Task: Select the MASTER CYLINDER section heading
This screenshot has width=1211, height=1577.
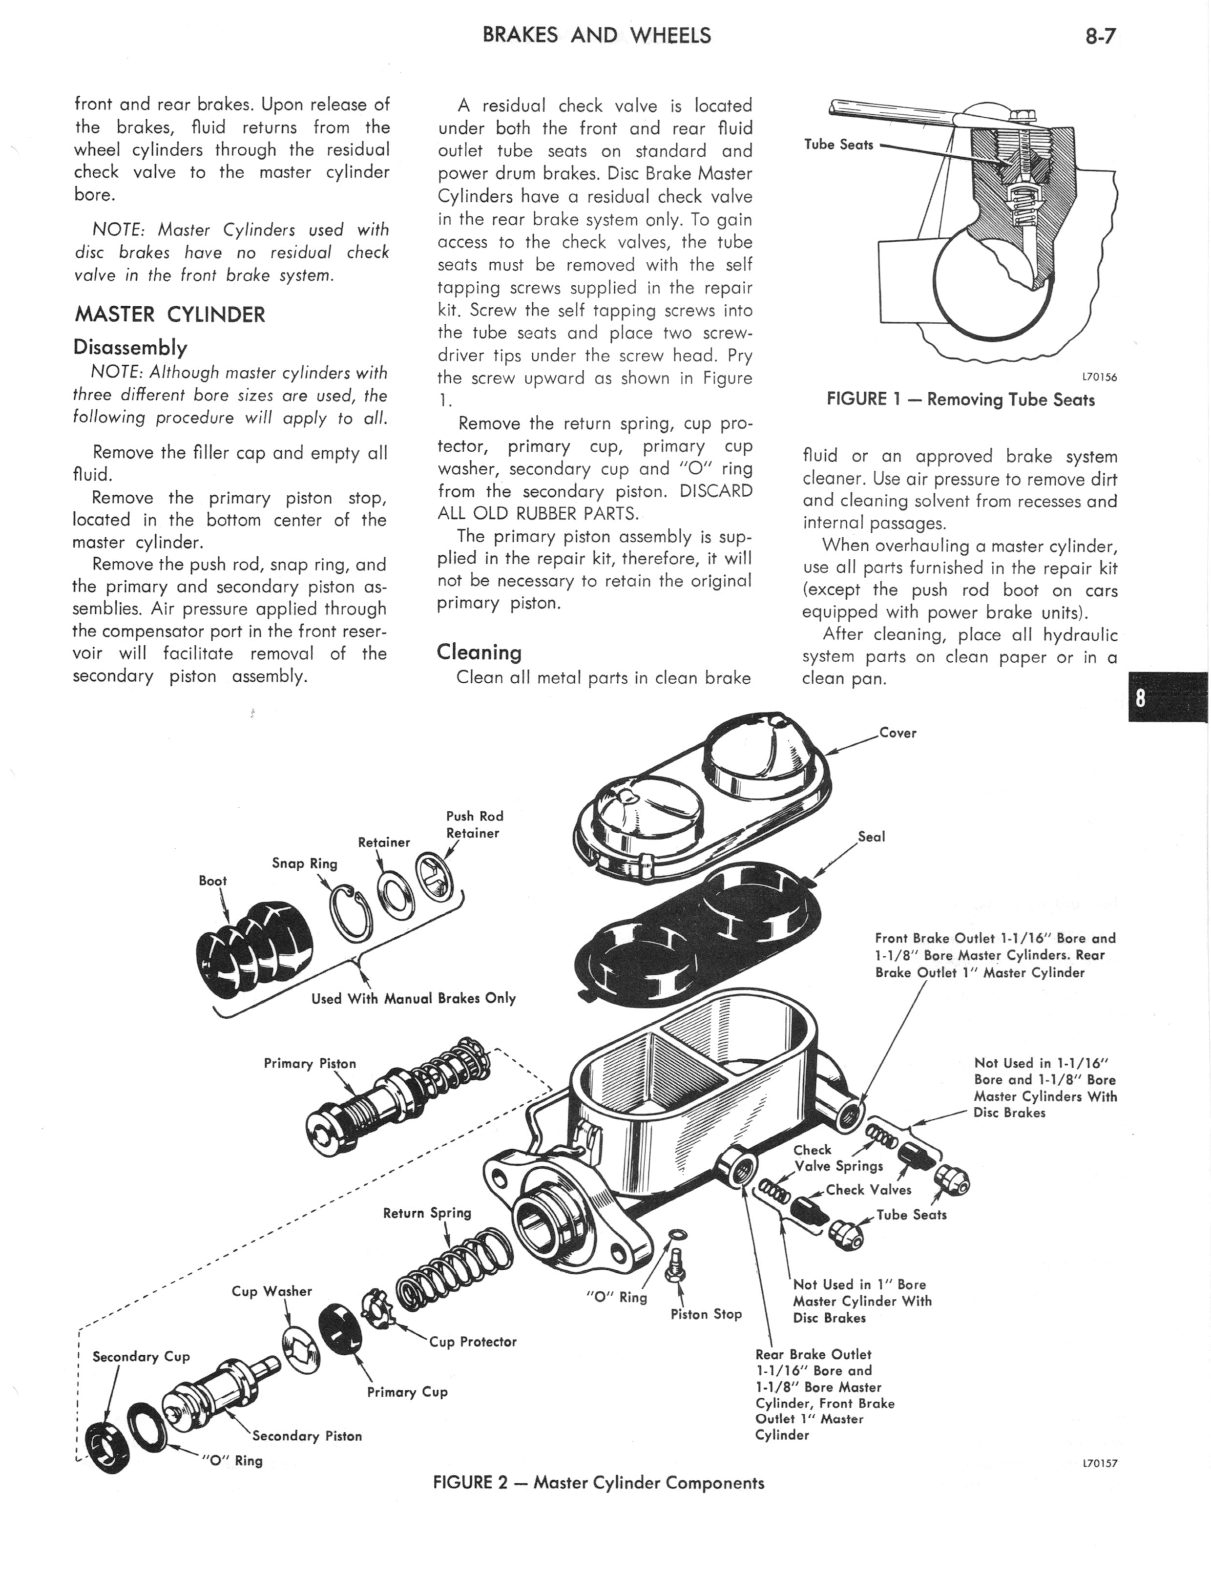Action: pos(169,315)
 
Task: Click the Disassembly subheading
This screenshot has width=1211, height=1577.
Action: pos(130,348)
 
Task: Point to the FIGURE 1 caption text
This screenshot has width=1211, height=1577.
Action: pos(960,400)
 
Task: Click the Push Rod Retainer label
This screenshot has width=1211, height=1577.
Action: pos(474,824)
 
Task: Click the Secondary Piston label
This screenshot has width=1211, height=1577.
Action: pos(306,1436)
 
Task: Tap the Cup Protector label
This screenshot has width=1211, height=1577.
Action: pos(473,1341)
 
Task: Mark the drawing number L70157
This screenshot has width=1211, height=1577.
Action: pos(1099,1464)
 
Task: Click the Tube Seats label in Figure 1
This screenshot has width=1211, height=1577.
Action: pos(838,145)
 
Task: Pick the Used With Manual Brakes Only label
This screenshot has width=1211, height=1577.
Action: pos(413,998)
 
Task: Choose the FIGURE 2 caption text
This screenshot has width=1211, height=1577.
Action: pos(598,1483)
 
